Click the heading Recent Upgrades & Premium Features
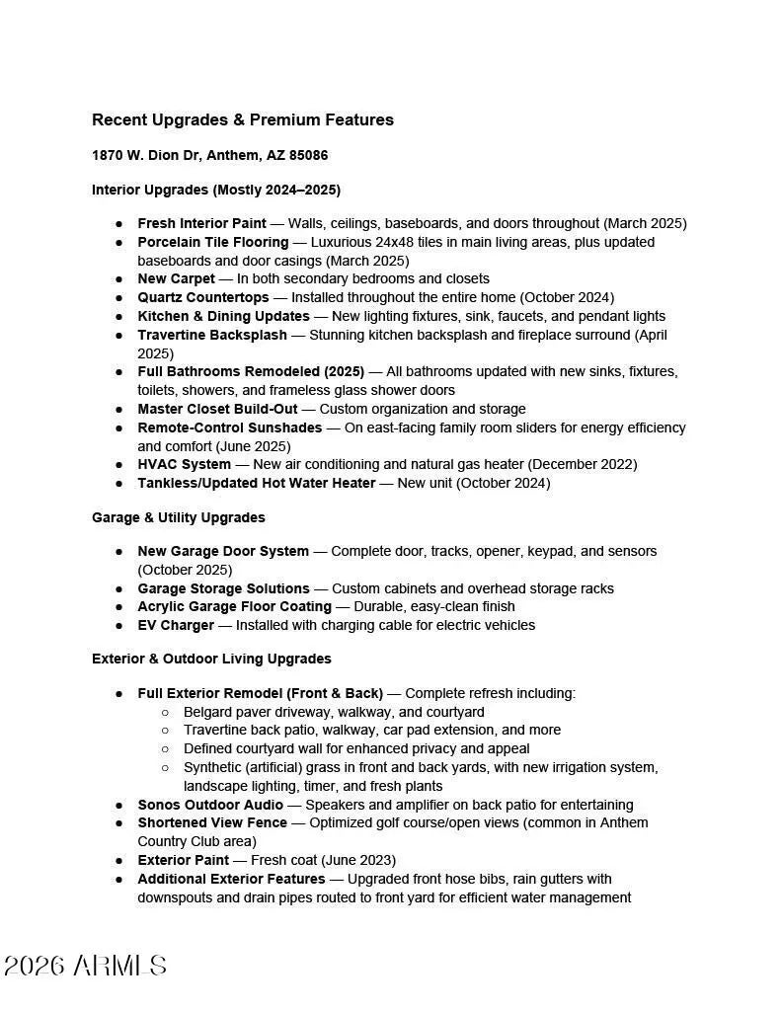pos(242,120)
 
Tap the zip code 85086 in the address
pos(309,156)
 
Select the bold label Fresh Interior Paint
pos(201,224)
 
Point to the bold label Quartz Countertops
pos(202,297)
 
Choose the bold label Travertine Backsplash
pos(212,335)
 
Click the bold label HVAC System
pos(184,464)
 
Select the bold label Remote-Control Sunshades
pos(229,428)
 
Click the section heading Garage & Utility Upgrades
pos(178,517)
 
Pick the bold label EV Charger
pos(176,625)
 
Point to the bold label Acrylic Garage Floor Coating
pos(234,606)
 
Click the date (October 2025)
pos(185,570)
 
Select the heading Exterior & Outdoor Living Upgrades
pos(211,659)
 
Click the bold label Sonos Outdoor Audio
pos(210,805)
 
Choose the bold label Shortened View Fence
pos(212,822)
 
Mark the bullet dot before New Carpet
pos(118,279)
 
